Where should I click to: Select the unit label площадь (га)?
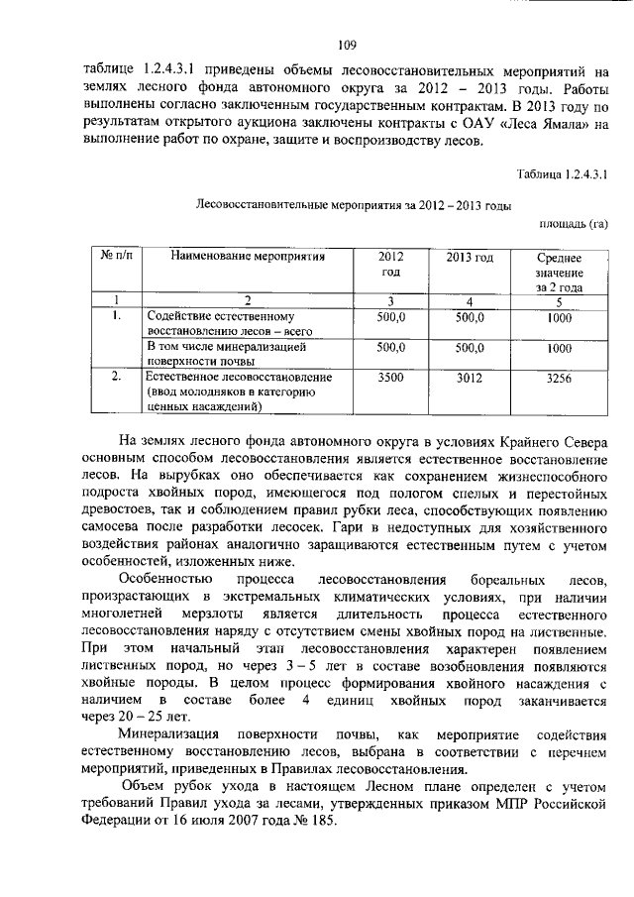pyautogui.click(x=573, y=224)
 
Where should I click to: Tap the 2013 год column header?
pyautogui.click(x=469, y=257)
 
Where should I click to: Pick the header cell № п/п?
pyautogui.click(x=117, y=257)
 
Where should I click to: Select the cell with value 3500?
pyautogui.click(x=391, y=378)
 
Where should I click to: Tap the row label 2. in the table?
pyautogui.click(x=117, y=378)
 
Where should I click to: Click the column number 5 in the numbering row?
pyautogui.click(x=558, y=301)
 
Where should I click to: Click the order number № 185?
pyautogui.click(x=318, y=825)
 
